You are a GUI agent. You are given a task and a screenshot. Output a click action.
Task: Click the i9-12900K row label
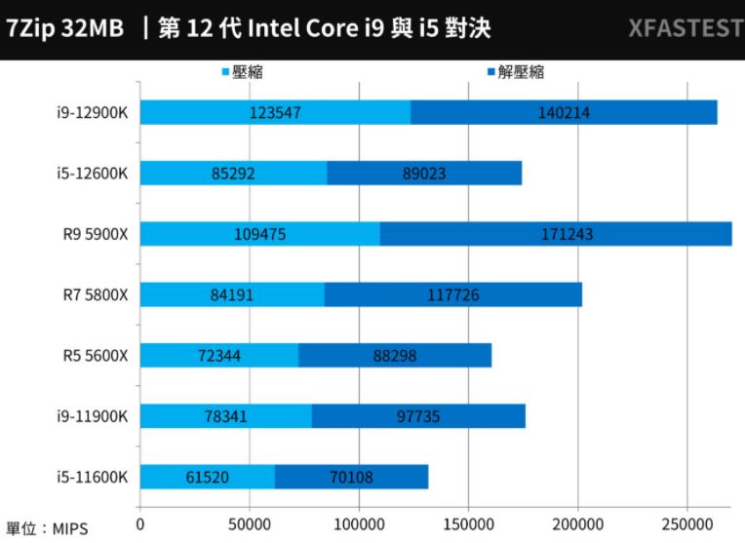pos(93,112)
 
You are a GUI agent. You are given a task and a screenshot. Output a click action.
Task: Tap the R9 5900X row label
pos(95,234)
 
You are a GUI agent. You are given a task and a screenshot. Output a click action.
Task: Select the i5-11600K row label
pos(93,477)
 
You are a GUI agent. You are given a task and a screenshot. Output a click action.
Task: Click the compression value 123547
pos(275,112)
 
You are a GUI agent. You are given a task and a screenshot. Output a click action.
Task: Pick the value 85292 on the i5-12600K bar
pos(234,174)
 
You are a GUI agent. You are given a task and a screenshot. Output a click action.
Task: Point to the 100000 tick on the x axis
pos(359,522)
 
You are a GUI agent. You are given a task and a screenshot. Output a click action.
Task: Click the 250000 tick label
pos(687,522)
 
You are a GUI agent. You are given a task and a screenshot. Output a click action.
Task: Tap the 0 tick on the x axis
pos(140,522)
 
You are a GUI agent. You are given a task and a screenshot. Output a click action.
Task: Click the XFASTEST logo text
pos(686,28)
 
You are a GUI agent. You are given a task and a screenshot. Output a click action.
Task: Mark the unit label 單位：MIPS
pos(47,529)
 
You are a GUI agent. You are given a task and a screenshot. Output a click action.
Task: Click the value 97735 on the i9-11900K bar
pos(419,416)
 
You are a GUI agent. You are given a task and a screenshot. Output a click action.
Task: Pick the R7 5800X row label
pos(96,294)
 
